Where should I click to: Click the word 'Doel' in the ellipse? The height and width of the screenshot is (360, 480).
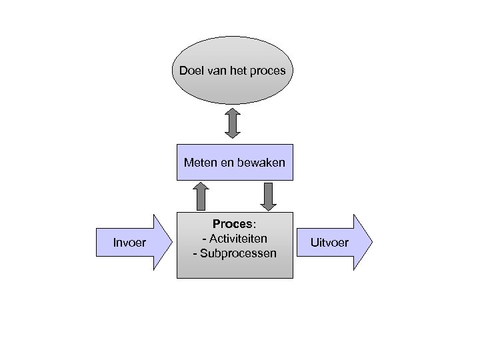tap(191, 70)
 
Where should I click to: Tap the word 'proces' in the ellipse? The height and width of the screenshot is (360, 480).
tap(268, 71)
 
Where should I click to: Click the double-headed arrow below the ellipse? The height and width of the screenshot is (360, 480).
tap(232, 123)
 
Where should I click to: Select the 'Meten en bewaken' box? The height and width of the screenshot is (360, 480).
tap(235, 172)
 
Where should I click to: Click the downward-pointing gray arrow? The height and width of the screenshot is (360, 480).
tap(268, 196)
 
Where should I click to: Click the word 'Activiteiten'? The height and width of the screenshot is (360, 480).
tap(239, 239)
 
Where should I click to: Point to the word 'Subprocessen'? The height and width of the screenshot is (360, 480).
tap(238, 253)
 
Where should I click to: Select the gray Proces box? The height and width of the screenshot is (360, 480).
tap(235, 267)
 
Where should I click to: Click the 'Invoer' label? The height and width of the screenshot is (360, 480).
tap(131, 241)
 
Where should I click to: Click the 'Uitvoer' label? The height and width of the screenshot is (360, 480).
tap(329, 242)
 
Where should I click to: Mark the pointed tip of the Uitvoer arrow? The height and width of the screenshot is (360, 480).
tap(371, 241)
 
